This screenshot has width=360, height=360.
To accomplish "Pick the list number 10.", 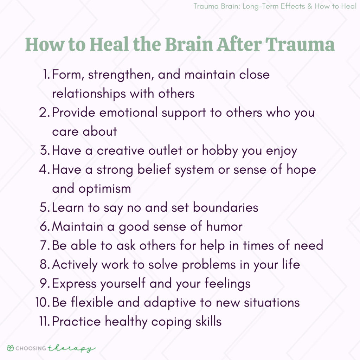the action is point(43,302).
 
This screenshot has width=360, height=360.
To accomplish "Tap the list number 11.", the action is point(45,321).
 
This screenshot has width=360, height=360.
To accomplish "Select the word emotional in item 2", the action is point(128,112).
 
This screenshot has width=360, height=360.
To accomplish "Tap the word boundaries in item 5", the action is point(225,207).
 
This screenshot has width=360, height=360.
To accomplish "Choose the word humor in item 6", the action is point(224,226).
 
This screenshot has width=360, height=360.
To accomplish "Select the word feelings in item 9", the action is point(227,284).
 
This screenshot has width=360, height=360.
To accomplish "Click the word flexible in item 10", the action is point(92,302).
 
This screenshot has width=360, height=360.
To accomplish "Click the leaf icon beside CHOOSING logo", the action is point(10,348).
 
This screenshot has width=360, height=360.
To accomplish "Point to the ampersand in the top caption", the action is point(310,6).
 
